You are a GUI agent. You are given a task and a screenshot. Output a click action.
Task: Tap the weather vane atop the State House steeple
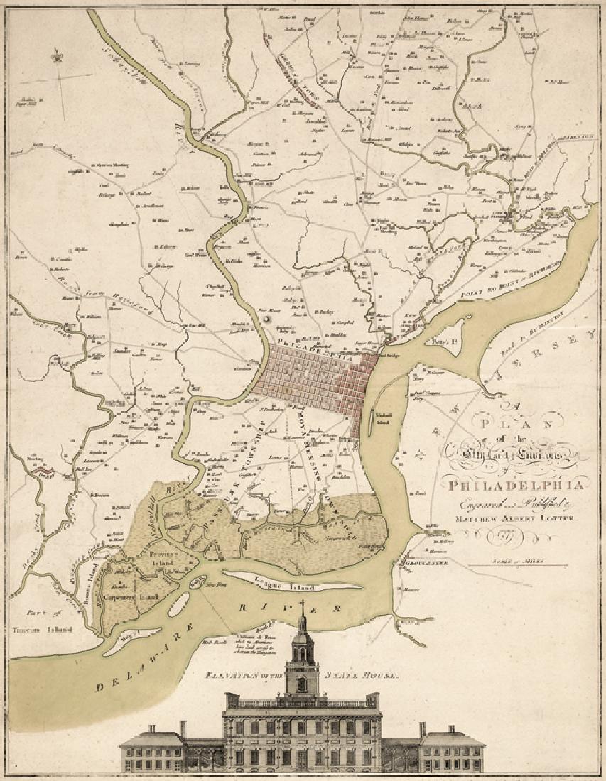click(x=303, y=606)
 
